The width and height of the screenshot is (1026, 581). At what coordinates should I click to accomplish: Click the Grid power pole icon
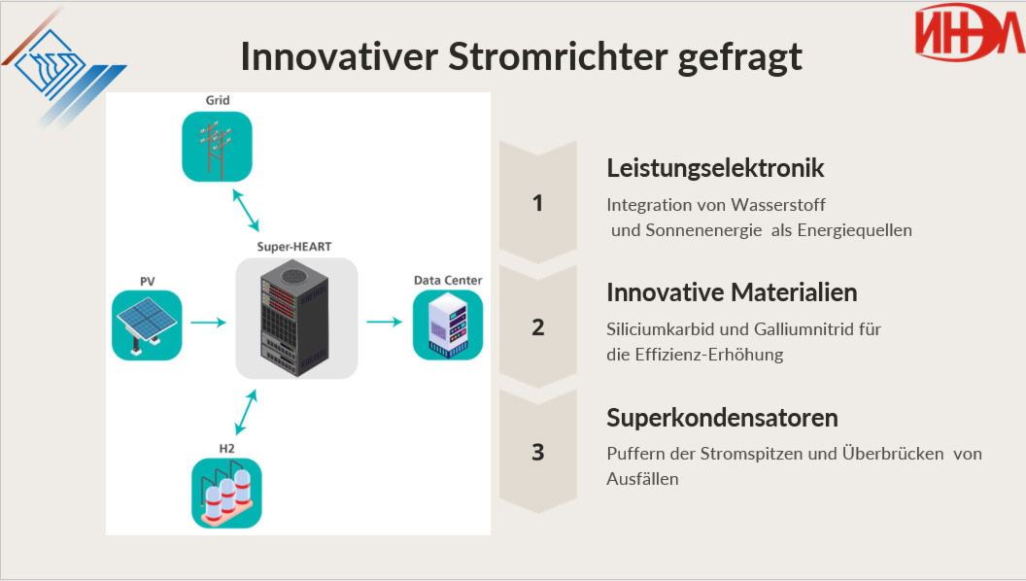(x=217, y=147)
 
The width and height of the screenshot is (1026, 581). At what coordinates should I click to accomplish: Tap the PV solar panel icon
(x=147, y=325)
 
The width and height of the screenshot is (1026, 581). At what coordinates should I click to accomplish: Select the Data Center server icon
(x=448, y=325)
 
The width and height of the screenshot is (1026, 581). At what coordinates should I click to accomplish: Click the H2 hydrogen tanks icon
(x=226, y=494)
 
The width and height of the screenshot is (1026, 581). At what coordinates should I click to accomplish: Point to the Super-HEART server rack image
(x=296, y=318)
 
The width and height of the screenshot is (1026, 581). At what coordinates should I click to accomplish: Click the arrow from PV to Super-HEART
(x=208, y=322)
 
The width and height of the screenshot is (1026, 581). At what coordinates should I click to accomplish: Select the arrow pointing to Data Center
(x=384, y=322)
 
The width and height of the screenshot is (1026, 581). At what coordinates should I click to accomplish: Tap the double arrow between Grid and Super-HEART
(x=246, y=210)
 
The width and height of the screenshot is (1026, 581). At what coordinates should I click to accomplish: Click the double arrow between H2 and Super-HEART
(x=246, y=412)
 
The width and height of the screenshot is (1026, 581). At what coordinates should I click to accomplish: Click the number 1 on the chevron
(x=538, y=203)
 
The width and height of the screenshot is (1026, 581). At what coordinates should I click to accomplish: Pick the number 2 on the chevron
(x=538, y=327)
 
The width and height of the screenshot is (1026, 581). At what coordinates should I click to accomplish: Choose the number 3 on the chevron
(x=538, y=452)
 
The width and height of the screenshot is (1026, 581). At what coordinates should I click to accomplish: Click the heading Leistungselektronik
(x=715, y=168)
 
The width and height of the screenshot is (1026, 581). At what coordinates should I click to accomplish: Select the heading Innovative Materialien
(x=732, y=292)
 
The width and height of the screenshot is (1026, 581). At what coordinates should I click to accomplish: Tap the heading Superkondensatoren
(x=723, y=418)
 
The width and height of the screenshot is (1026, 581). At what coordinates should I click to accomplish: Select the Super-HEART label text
(x=294, y=247)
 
